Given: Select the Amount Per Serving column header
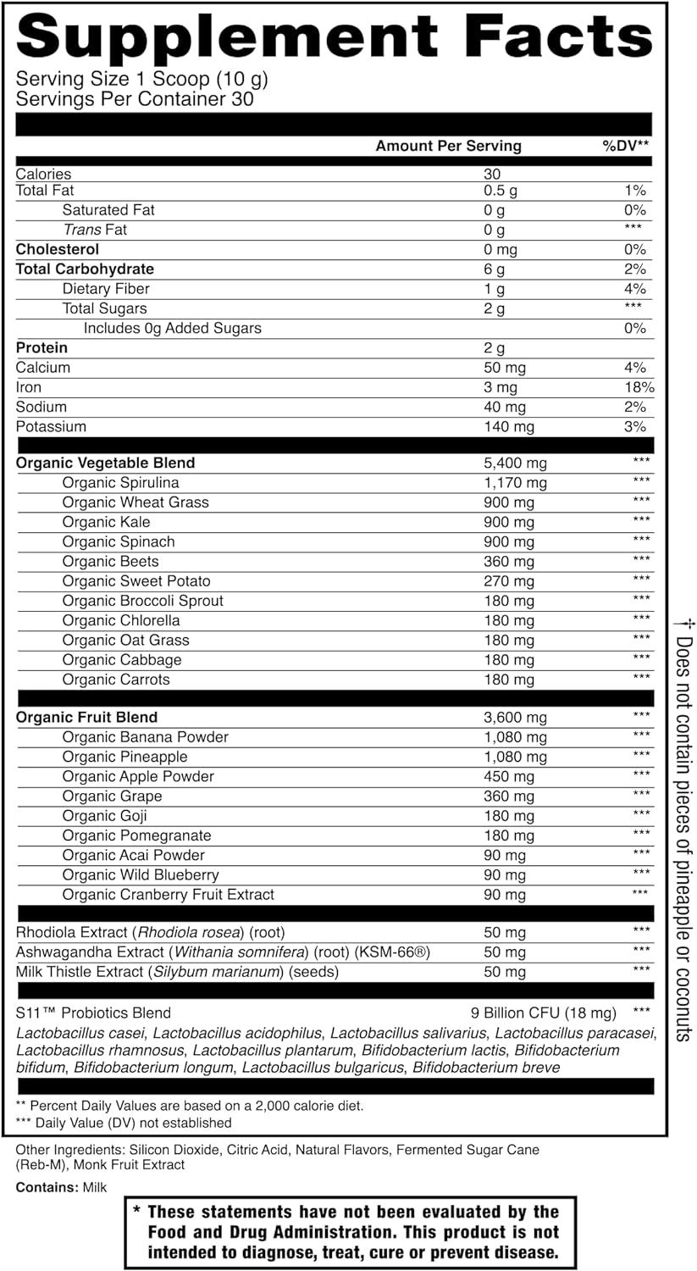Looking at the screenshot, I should [x=448, y=146].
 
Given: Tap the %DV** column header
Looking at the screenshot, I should [x=625, y=146].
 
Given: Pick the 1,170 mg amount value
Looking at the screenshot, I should [x=515, y=483].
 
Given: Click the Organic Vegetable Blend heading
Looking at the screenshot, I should [x=105, y=463].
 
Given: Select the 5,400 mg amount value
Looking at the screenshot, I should [x=515, y=463].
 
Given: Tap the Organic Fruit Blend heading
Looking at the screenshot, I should [x=86, y=717].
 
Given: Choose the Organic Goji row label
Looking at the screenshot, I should [x=104, y=816].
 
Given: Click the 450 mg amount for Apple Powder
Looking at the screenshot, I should [x=509, y=777].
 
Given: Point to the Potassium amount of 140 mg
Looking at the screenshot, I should [x=509, y=426].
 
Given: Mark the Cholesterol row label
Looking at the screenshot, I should [x=58, y=249].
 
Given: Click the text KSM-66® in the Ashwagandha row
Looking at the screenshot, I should [x=395, y=952].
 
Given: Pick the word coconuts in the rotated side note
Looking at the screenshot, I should [x=683, y=1003].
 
